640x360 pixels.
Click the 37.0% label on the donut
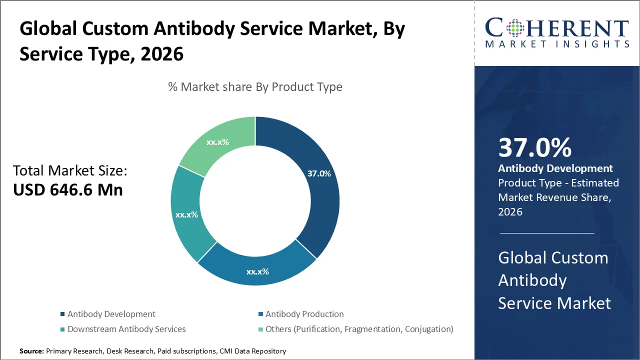[x=319, y=174]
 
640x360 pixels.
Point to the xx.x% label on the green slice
[x=217, y=142]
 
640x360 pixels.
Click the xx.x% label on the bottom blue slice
[x=257, y=272]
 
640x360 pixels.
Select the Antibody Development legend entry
[x=111, y=314]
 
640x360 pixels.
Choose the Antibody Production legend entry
[x=304, y=314]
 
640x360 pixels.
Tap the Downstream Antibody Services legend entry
[x=126, y=329]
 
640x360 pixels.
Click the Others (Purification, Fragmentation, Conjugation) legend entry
[x=359, y=329]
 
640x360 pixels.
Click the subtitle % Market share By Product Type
[x=255, y=87]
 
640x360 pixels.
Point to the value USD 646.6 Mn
[x=67, y=190]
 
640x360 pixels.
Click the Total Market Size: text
[x=70, y=171]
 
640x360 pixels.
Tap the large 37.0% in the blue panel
[x=535, y=148]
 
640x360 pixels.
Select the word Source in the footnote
[x=31, y=351]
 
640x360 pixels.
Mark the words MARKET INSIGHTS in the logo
[x=557, y=44]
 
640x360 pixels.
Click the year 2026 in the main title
[x=162, y=53]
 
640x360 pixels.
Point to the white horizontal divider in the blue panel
[x=547, y=233]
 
